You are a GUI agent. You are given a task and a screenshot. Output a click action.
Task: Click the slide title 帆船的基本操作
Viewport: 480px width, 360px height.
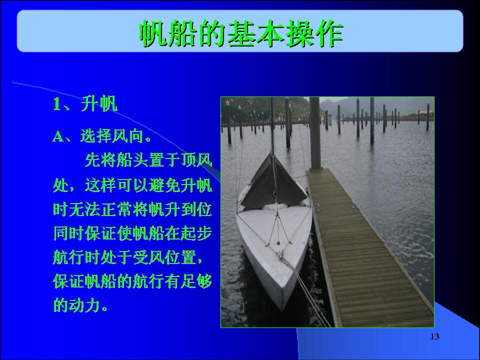click(x=241, y=33)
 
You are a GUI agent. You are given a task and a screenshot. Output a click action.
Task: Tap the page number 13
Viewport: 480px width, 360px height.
click(x=434, y=336)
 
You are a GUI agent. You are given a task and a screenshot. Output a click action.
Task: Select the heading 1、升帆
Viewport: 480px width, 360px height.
click(x=85, y=104)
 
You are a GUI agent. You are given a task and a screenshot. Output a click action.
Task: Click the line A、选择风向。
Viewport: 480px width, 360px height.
click(x=102, y=135)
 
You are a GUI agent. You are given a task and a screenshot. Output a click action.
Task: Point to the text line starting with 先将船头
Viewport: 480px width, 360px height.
click(x=148, y=160)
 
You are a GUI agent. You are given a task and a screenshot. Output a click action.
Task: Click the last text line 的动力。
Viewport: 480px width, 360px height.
click(x=80, y=305)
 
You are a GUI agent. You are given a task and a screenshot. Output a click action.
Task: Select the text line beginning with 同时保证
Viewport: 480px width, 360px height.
click(x=132, y=233)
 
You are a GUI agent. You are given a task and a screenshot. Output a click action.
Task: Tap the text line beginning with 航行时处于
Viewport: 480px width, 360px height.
click(x=127, y=257)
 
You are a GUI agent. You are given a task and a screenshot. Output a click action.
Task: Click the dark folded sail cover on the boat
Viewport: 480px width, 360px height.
click(x=272, y=183)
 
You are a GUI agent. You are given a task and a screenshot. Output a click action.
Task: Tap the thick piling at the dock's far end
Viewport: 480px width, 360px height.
click(x=315, y=134)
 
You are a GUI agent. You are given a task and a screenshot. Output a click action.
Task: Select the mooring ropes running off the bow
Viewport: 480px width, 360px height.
click(x=306, y=291)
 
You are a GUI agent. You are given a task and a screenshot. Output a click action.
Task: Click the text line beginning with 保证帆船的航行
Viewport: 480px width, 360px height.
click(x=132, y=281)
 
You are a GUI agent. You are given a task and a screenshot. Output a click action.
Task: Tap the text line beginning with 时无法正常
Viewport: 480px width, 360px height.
click(x=132, y=209)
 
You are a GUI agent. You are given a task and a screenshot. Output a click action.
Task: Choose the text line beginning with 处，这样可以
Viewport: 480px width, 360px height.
click(x=132, y=185)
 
